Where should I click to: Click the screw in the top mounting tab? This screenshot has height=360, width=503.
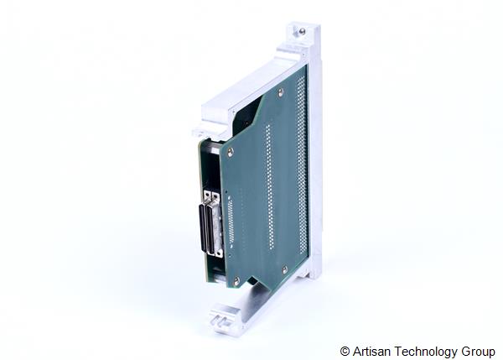point(301,32)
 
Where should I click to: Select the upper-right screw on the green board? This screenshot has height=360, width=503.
point(280,91)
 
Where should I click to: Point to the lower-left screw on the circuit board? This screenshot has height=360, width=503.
point(236,280)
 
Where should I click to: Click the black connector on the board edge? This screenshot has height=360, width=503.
point(209,229)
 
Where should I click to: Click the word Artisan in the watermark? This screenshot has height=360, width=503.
point(371,352)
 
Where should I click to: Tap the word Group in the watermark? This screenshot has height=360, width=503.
point(478,352)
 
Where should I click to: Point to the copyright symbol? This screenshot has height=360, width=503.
point(345,352)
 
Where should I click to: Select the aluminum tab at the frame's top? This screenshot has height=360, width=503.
point(303,38)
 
